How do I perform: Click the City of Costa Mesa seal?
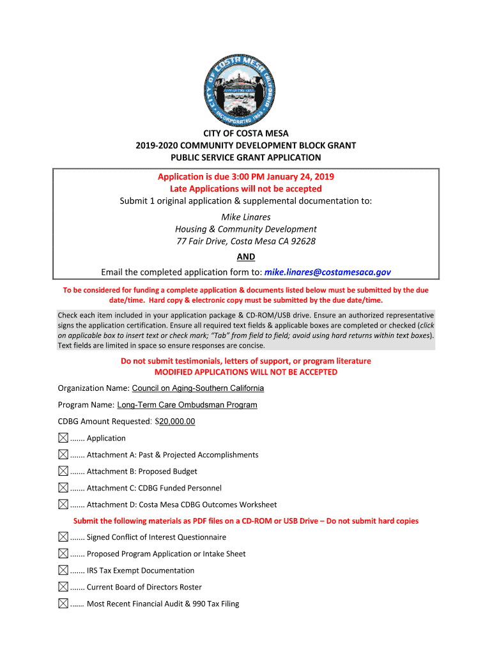point(246,88)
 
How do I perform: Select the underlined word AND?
point(246,257)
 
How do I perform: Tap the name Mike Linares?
point(246,217)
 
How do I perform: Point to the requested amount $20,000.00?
point(177,422)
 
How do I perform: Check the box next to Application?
point(63,438)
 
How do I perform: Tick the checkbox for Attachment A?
point(63,455)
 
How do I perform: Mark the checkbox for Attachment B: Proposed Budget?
point(63,471)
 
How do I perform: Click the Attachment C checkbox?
point(63,488)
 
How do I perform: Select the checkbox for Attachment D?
point(63,505)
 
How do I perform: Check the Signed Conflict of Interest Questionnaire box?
point(63,537)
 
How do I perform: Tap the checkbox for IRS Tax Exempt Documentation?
point(63,570)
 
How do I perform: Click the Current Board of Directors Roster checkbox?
point(63,587)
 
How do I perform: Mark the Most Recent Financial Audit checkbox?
point(63,604)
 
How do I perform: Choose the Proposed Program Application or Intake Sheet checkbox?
point(63,554)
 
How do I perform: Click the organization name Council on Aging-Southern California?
point(198,388)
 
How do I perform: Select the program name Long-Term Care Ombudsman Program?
point(187,405)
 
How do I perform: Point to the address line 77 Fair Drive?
point(246,241)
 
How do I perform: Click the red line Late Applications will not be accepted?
point(246,189)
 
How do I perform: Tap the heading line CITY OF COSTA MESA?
point(246,133)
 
